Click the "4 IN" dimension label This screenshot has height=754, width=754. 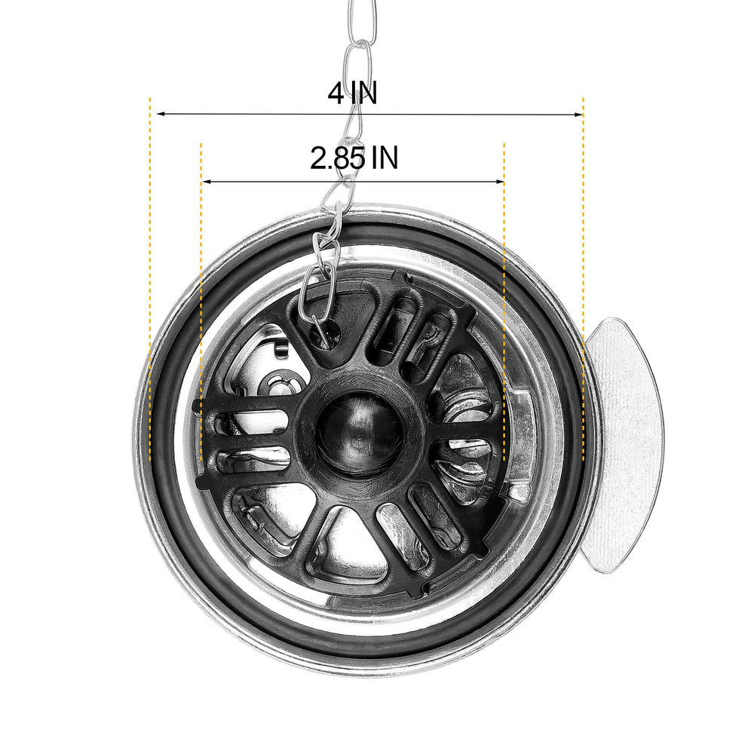pyautogui.click(x=352, y=93)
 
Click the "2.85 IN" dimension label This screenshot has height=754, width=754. pyautogui.click(x=354, y=158)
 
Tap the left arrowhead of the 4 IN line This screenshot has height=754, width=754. pyautogui.click(x=161, y=114)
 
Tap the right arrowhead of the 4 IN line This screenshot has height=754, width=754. pyautogui.click(x=578, y=115)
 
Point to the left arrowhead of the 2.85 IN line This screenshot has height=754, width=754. pyautogui.click(x=207, y=182)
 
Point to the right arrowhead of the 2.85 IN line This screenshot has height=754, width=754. pyautogui.click(x=500, y=182)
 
